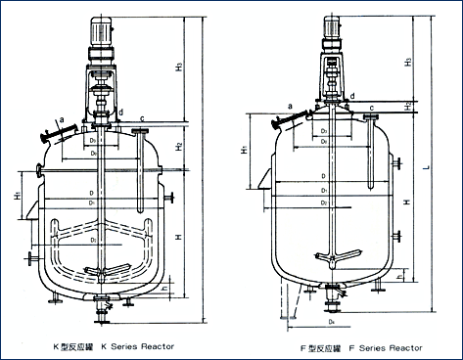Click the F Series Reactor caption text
pyautogui.click(x=362, y=347)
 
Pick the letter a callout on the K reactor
pyautogui.click(x=62, y=118)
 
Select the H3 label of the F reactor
pyautogui.click(x=406, y=61)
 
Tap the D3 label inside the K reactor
pyautogui.click(x=91, y=238)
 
